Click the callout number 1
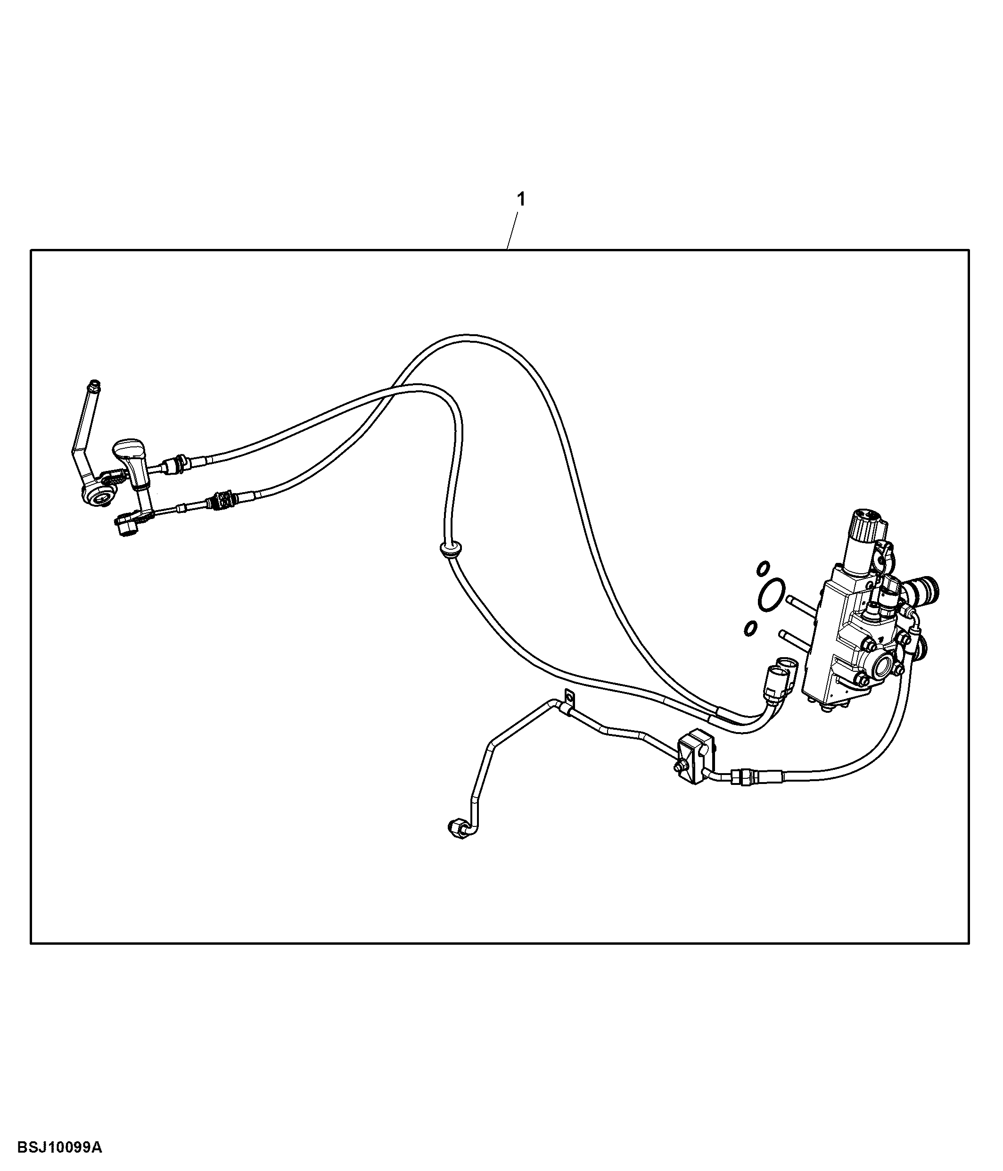pyautogui.click(x=521, y=199)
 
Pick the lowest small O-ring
pyautogui.click(x=750, y=627)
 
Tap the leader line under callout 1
pyautogui.click(x=512, y=230)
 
